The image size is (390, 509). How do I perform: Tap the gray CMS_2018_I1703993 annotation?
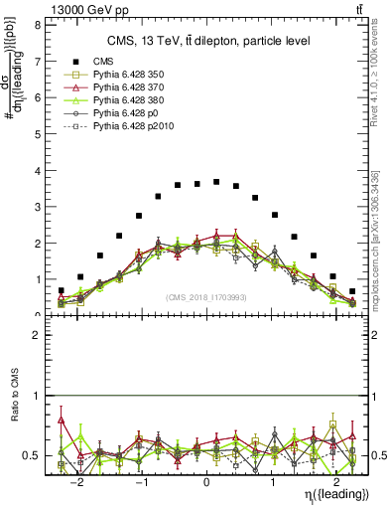tap(206, 296)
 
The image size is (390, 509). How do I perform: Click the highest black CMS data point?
tap(216, 182)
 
